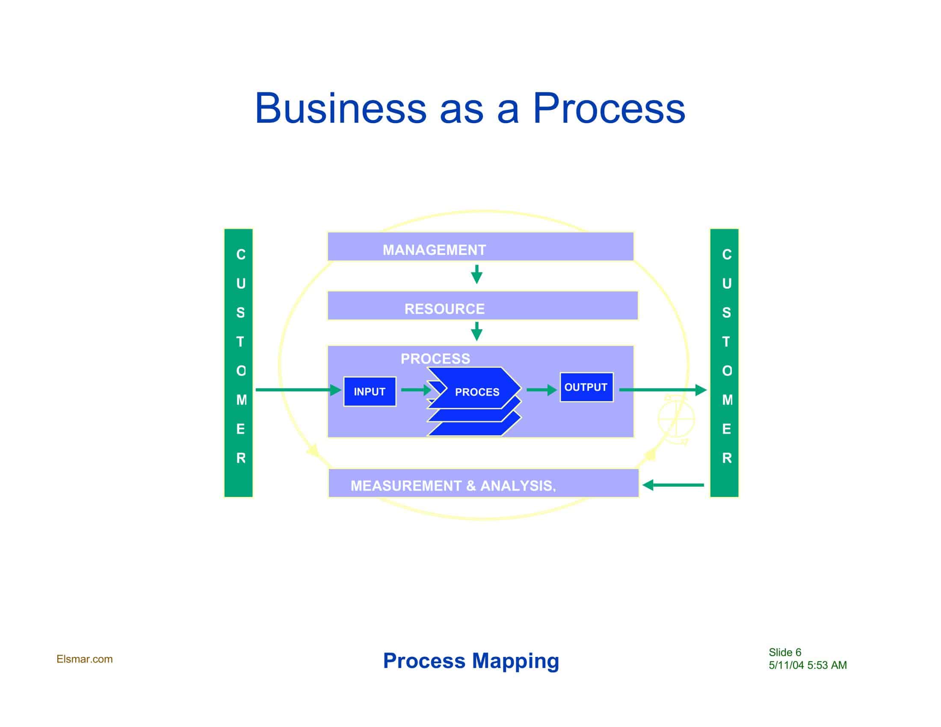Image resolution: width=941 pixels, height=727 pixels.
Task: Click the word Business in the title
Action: coord(340,108)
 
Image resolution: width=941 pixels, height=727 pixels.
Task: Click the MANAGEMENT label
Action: coord(434,250)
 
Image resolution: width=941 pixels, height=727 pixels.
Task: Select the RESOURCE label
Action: coord(444,309)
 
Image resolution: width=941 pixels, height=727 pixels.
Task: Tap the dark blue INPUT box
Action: coord(370,391)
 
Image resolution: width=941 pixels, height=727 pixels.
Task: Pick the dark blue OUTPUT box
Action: coord(586,387)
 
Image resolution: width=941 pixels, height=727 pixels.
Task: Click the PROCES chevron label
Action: coord(477,392)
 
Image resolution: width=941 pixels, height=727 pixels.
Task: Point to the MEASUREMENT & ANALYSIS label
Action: coord(453,486)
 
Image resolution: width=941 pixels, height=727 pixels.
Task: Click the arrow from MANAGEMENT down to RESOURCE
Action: coord(476,275)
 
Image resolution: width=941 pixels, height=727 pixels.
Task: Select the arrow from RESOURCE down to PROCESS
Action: coord(476,331)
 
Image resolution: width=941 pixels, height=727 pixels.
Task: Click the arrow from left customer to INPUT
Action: coord(297,390)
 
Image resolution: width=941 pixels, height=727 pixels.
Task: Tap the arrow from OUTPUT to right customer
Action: coord(662,390)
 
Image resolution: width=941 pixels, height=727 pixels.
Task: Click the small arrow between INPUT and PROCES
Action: coord(416,390)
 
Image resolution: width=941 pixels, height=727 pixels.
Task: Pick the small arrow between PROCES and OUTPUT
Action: coord(541,390)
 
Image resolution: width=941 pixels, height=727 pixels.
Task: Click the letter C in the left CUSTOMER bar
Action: coord(241,254)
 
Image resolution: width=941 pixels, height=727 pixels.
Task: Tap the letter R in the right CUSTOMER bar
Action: coord(726,458)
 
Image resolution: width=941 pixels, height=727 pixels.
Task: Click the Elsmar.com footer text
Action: coord(84,659)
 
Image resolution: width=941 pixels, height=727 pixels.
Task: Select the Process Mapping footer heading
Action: coord(471,660)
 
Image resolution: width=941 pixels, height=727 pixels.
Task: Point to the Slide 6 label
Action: coord(784,652)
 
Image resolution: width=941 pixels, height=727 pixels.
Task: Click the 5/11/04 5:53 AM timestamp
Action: coord(808,665)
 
